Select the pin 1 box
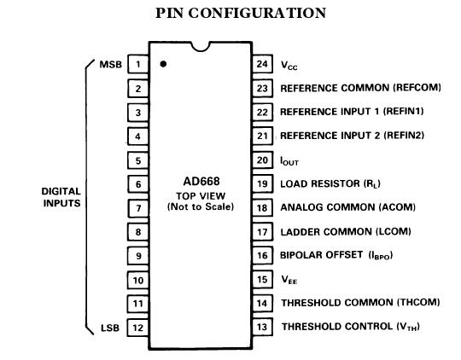tap(137, 64)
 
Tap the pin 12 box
tap(137, 327)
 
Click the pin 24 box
tap(262, 64)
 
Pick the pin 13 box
tap(262, 327)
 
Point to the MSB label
tap(110, 64)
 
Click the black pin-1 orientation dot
tap(162, 64)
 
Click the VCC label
tap(289, 65)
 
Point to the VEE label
tap(289, 280)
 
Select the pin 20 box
tap(262, 160)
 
